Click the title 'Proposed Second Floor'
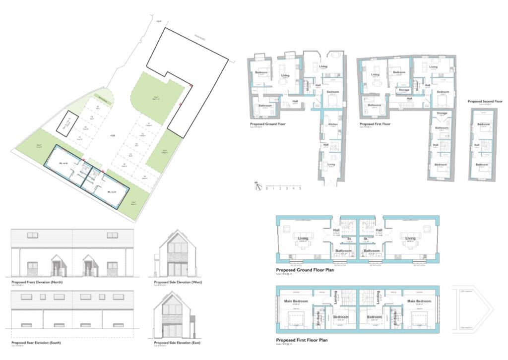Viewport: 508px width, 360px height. click(485, 101)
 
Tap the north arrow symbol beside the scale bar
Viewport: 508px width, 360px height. click(257, 185)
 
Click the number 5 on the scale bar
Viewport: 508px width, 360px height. click(300, 188)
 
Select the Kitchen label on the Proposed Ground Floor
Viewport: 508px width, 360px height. click(332, 124)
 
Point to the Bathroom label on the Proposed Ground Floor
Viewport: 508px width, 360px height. click(264, 105)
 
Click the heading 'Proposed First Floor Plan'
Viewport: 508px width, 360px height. click(305, 340)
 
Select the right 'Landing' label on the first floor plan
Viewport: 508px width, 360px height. click(379, 298)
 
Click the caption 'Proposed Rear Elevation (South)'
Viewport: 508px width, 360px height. click(37, 343)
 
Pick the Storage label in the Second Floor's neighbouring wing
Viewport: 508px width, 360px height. click(442, 113)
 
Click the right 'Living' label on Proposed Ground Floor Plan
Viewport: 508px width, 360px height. click(410, 239)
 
